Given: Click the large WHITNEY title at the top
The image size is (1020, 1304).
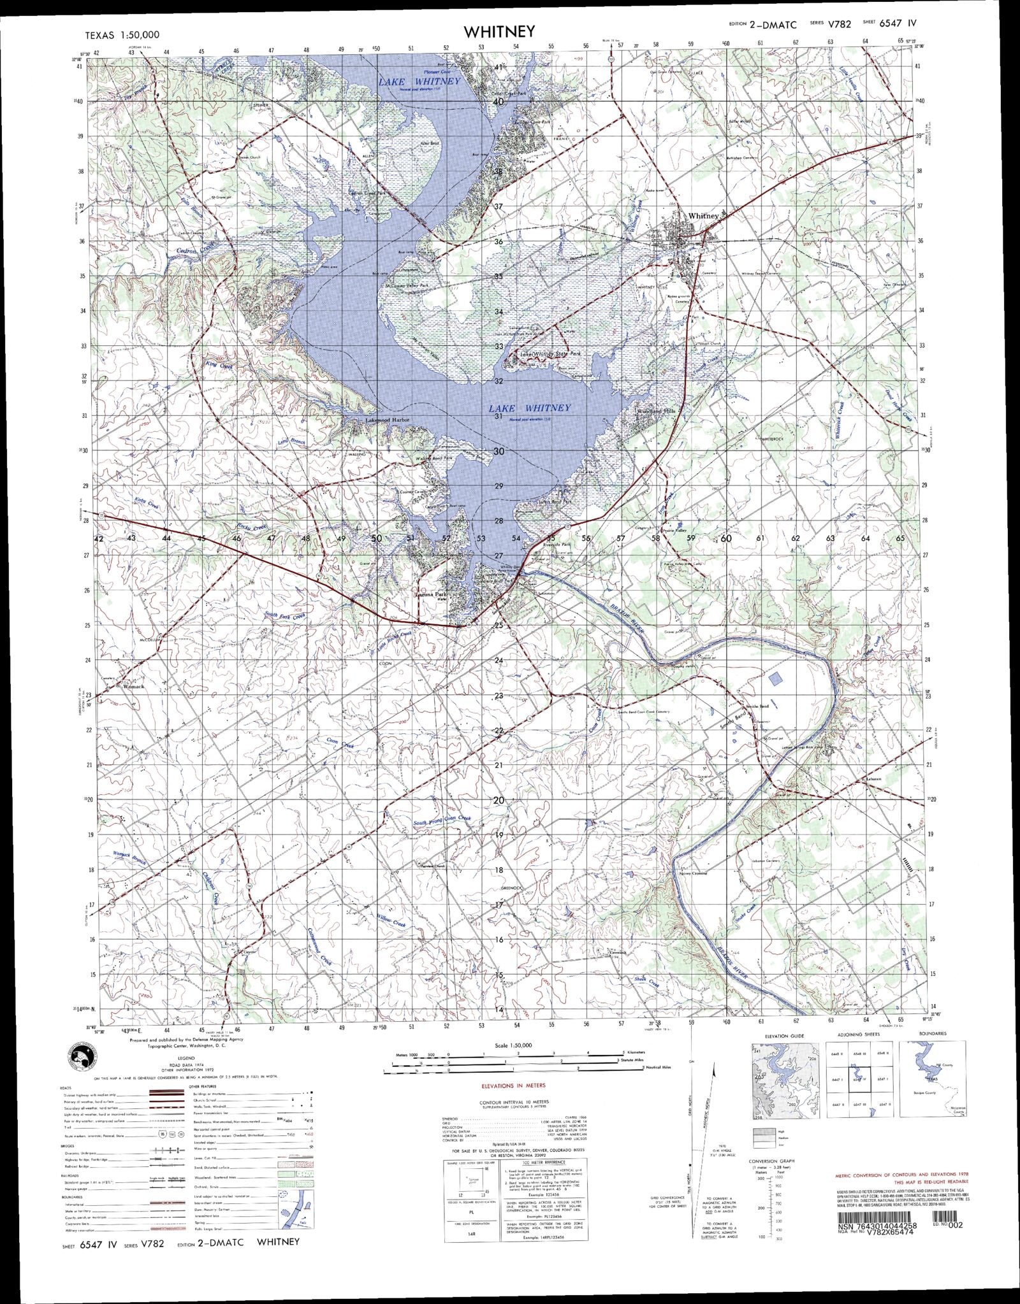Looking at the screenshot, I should [x=499, y=32].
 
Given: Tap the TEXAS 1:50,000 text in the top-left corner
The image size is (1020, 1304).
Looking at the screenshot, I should [x=122, y=35].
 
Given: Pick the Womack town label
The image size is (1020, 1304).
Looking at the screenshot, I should [x=135, y=687].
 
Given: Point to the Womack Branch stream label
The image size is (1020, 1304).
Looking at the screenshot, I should [x=130, y=857].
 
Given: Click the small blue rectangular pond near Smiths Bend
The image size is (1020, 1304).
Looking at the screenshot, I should [x=775, y=678].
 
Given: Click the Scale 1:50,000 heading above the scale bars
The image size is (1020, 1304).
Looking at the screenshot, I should [x=513, y=1045].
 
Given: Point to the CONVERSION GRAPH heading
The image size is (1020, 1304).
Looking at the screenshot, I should [x=772, y=1161].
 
